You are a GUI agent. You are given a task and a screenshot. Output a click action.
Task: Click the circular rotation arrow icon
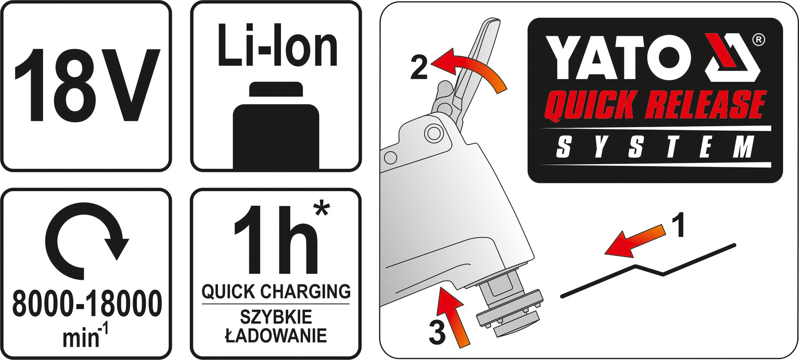click(87, 240)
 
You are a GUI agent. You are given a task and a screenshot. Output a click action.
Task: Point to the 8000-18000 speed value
click(87, 304)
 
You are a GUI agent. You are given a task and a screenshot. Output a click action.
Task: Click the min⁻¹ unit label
click(87, 337)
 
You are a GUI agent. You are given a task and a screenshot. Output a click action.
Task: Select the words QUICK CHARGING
click(276, 291)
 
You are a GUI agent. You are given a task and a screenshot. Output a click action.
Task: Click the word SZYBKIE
click(276, 317)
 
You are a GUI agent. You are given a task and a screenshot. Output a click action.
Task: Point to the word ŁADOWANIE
click(276, 336)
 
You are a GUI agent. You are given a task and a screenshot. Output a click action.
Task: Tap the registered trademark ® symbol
click(758, 40)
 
